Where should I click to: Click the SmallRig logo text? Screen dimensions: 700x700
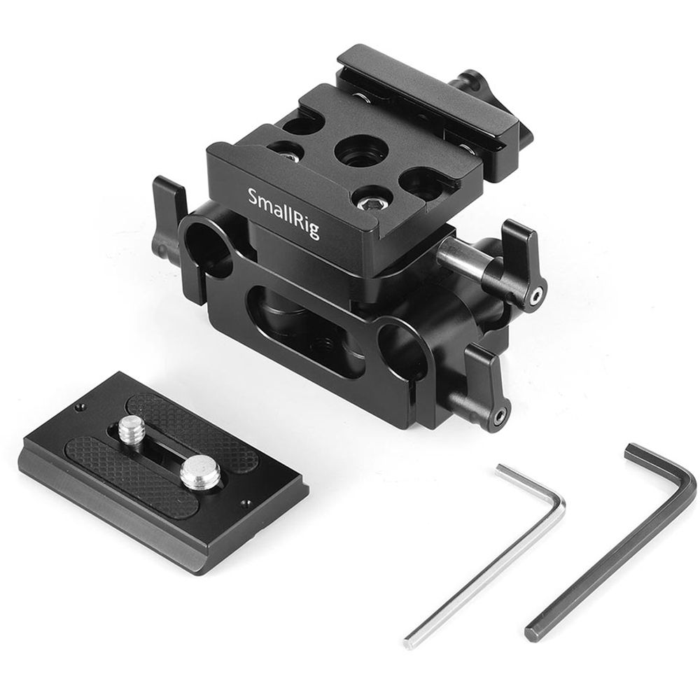[x=284, y=212]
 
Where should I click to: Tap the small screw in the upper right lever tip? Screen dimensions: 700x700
[x=535, y=297]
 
